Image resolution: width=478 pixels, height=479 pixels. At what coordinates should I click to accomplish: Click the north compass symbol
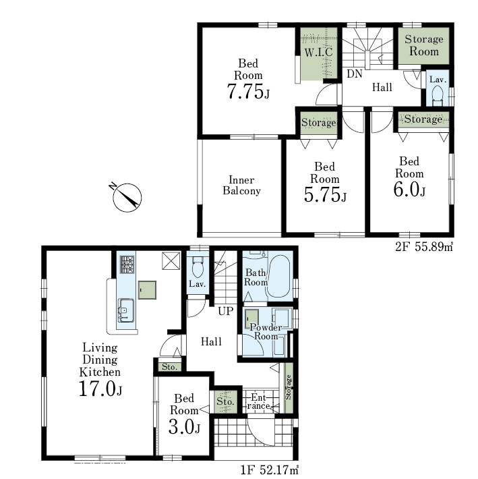[x=127, y=198]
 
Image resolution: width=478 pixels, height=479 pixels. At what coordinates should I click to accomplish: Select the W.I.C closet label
[x=318, y=52]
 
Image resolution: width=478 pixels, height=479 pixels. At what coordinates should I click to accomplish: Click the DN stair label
[x=355, y=74]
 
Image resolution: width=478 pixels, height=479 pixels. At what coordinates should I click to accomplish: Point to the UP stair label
[x=226, y=311]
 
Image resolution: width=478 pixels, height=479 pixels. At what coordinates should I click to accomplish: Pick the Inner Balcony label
[x=241, y=185]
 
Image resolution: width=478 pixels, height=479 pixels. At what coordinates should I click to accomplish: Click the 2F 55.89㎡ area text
[x=424, y=246]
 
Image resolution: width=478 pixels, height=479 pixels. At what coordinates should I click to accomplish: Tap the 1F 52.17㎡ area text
[x=270, y=470]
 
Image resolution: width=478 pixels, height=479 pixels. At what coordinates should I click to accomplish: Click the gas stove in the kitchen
[x=127, y=264]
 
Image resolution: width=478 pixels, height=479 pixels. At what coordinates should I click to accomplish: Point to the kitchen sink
[x=126, y=310]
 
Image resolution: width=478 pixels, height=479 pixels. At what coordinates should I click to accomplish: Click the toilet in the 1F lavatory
[x=198, y=266]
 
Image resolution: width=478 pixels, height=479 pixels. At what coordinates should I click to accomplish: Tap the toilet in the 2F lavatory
[x=438, y=94]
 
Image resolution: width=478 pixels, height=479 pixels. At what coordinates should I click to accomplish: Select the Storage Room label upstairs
[x=423, y=45]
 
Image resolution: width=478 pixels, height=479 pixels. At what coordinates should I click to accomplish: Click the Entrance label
[x=258, y=401]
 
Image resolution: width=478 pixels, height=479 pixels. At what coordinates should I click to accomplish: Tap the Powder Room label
[x=266, y=332]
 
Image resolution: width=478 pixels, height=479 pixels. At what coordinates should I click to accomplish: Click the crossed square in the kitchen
[x=171, y=261]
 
